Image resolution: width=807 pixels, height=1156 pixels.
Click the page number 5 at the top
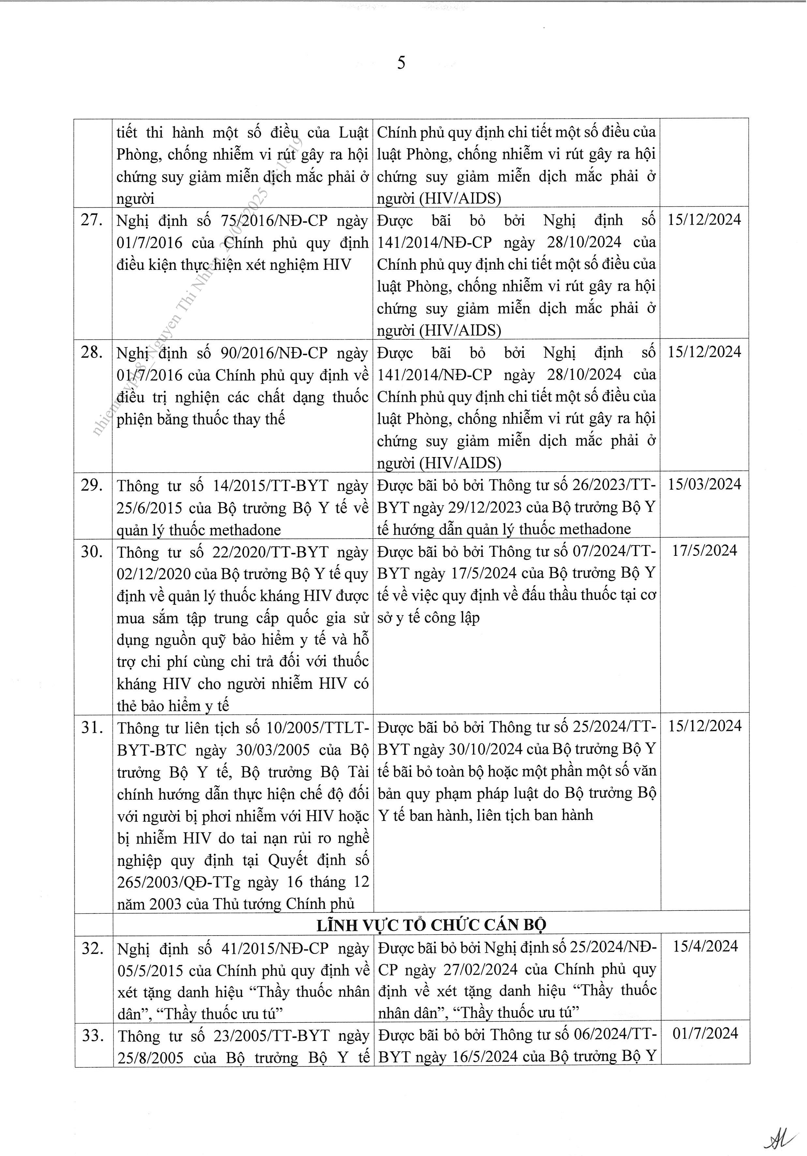(401, 63)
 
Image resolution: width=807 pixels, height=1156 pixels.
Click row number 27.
(92, 220)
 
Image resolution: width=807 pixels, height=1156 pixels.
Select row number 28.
(92, 352)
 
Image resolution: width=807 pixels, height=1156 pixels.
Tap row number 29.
(92, 485)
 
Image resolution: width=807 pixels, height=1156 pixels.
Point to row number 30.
(92, 552)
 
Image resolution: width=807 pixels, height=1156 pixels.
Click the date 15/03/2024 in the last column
(704, 484)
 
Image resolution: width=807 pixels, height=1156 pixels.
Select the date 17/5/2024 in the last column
(704, 551)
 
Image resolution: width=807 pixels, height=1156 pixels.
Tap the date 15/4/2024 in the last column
(704, 947)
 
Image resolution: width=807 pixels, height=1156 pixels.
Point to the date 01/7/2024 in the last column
(704, 1034)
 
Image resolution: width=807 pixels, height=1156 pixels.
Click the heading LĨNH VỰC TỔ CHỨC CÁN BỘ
(431, 925)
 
